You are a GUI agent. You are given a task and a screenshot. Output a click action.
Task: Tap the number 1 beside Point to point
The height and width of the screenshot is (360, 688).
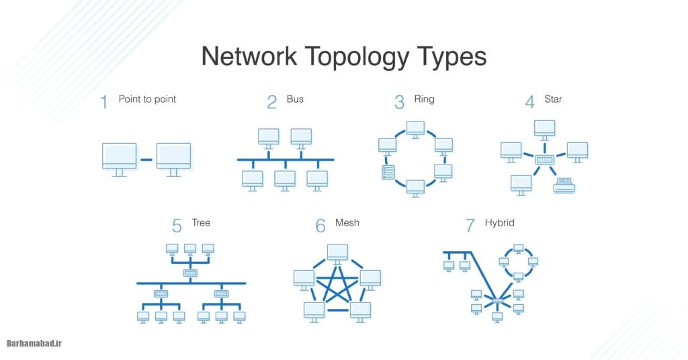coord(104,102)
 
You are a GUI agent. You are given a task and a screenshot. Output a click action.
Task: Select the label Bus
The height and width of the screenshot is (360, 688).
coord(295,99)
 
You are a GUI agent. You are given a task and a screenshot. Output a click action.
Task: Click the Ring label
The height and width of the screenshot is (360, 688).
coord(424,99)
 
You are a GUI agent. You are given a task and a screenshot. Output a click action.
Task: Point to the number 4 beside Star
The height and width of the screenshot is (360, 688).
coord(530,102)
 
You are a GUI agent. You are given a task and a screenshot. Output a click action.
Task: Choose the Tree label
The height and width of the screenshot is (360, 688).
coord(201,222)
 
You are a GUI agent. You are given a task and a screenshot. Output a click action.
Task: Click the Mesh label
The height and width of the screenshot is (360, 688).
coord(347,222)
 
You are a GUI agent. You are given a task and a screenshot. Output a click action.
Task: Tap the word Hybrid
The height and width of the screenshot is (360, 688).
coord(499,222)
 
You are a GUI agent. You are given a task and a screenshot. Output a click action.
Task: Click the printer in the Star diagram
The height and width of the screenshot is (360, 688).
coord(564,185)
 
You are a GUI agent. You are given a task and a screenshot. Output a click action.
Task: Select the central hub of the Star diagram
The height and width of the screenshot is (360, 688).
coord(544,160)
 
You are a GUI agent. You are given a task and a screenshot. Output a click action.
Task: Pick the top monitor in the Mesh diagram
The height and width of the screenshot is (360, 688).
coord(337,254)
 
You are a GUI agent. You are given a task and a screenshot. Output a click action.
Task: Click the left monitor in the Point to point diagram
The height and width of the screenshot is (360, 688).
coord(120,157)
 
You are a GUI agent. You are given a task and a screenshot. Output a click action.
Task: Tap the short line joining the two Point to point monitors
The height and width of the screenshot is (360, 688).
coord(146,161)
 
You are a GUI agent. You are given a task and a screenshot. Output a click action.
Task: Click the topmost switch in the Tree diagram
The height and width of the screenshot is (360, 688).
coord(190,273)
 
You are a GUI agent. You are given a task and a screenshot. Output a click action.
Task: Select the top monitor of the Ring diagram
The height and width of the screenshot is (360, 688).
coord(415,128)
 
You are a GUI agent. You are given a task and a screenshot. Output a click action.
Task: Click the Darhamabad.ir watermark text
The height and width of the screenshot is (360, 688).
coord(34,343)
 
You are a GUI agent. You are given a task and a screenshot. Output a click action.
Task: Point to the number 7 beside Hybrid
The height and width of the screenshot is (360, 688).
coord(470,225)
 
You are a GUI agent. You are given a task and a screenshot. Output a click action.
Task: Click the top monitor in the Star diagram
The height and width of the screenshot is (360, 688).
coord(544,128)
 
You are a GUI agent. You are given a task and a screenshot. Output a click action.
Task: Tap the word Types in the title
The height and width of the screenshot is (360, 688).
coord(450,58)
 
